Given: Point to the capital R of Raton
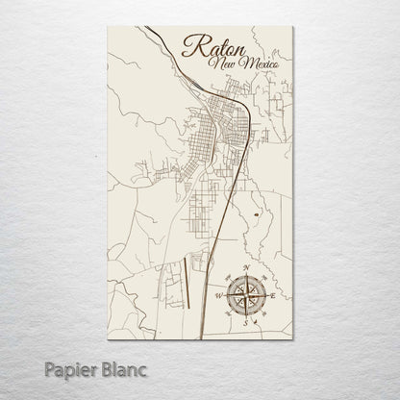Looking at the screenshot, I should pyautogui.click(x=191, y=48).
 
